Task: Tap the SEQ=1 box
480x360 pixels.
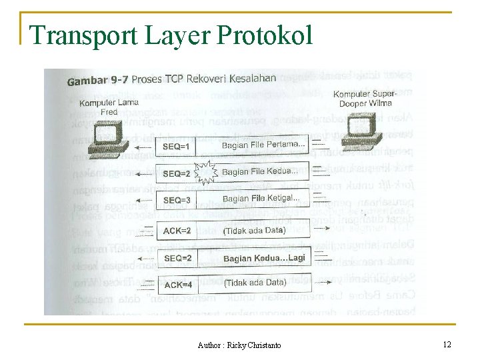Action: (x=177, y=146)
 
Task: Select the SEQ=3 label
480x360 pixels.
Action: (x=177, y=200)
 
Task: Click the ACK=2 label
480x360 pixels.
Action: (x=177, y=231)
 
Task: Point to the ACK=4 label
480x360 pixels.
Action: (x=178, y=285)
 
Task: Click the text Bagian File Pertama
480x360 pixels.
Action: (x=263, y=145)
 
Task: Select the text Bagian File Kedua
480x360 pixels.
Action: (x=260, y=171)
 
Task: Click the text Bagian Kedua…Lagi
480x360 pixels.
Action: (x=264, y=257)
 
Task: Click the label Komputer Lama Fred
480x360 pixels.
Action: (x=109, y=107)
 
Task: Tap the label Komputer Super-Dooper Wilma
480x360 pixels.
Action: (x=365, y=99)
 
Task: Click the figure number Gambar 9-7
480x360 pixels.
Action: (x=98, y=81)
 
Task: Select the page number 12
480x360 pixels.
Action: (x=447, y=345)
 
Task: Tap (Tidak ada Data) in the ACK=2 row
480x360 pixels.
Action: (x=254, y=230)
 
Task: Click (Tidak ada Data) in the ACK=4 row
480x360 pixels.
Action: (x=256, y=283)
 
